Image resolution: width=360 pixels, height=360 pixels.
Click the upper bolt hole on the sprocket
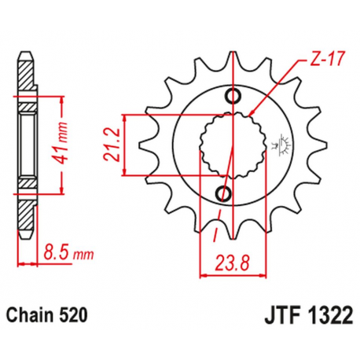coord(233,97)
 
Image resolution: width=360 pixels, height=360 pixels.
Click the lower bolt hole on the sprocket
coord(223,193)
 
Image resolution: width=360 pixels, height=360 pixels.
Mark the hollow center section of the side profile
coord(28,145)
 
